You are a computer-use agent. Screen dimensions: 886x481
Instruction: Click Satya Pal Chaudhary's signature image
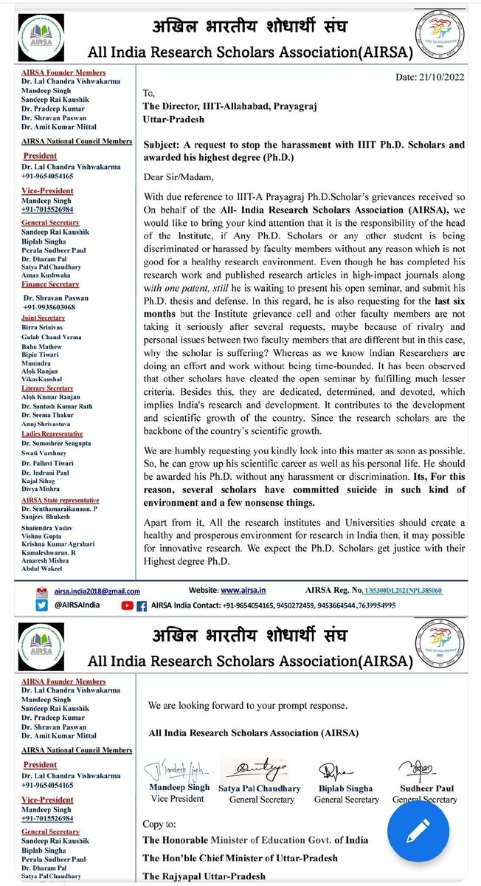(258, 772)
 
